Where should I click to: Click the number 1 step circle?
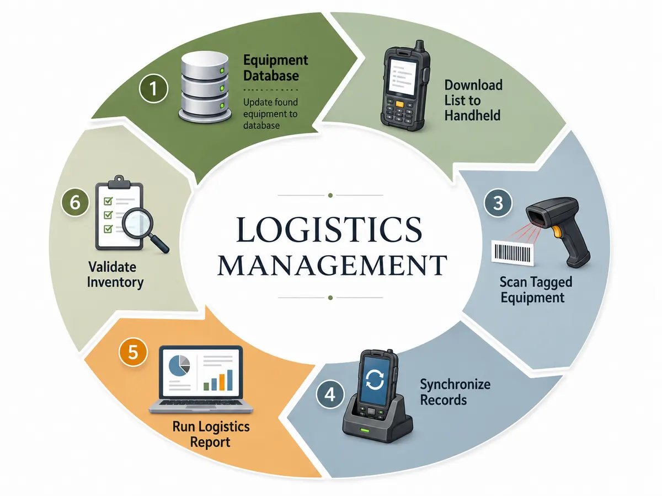pyautogui.click(x=153, y=89)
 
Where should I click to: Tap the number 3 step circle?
pyautogui.click(x=498, y=203)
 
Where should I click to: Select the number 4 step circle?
pyautogui.click(x=330, y=394)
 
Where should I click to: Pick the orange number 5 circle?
pyautogui.click(x=133, y=352)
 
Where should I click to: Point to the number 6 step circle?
pyautogui.click(x=75, y=202)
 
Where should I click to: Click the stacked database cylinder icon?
pyautogui.click(x=205, y=87)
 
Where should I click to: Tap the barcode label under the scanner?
pyautogui.click(x=512, y=252)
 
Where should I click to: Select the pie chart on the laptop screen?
pyautogui.click(x=179, y=366)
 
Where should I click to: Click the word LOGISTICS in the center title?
pyautogui.click(x=329, y=229)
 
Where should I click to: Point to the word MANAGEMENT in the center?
pyautogui.click(x=332, y=265)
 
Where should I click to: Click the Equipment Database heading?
pyautogui.click(x=275, y=68)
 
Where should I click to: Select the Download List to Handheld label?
pyautogui.click(x=473, y=100)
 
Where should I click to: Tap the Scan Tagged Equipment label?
pyautogui.click(x=536, y=290)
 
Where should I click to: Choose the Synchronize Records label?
pyautogui.click(x=455, y=392)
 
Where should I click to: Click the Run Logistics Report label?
pyautogui.click(x=211, y=434)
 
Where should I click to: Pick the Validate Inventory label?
pyautogui.click(x=115, y=274)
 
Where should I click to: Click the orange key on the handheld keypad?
pyautogui.click(x=399, y=104)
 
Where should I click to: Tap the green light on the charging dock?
pyautogui.click(x=365, y=430)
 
